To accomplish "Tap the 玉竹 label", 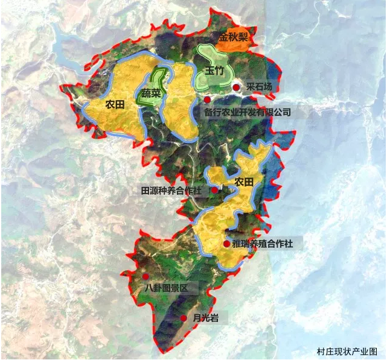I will pyautogui.click(x=214, y=71).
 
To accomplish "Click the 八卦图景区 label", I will pyautogui.click(x=171, y=288).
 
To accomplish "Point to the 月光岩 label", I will pyautogui.click(x=205, y=318).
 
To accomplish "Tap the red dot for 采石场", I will pyautogui.click(x=236, y=88).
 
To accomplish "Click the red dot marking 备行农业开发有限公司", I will pyautogui.click(x=207, y=99).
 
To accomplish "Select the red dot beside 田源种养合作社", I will pyautogui.click(x=215, y=191).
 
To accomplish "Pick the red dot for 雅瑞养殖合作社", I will pyautogui.click(x=226, y=244).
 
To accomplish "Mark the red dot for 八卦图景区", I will pyautogui.click(x=146, y=276).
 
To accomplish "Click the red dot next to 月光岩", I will pyautogui.click(x=184, y=318).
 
